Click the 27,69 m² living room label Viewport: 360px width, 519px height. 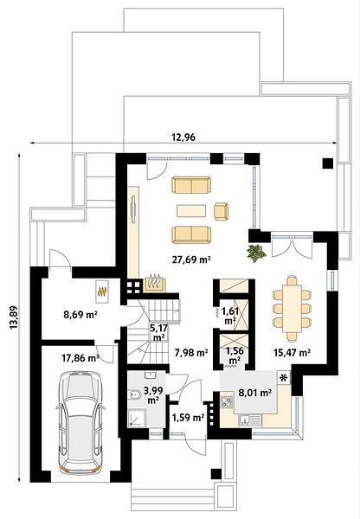coord(191,259)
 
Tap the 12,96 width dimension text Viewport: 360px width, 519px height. coord(183,137)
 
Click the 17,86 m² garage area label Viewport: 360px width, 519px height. coord(80,358)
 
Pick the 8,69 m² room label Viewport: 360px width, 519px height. coord(80,314)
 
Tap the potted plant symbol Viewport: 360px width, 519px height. coord(256,253)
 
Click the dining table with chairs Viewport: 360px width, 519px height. coord(292,309)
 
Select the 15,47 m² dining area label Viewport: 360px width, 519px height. coord(292,353)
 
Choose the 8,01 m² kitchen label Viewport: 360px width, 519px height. coord(255,393)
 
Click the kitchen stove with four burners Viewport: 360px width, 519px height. coord(227,402)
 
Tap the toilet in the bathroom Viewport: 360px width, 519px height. coord(134,395)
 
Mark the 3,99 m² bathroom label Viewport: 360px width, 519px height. coord(152,395)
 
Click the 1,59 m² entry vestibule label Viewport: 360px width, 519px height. coord(188,418)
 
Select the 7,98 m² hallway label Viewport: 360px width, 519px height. coord(191,353)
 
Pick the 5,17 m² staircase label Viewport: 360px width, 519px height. coord(159,333)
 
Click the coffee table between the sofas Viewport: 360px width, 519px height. coord(191,211)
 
